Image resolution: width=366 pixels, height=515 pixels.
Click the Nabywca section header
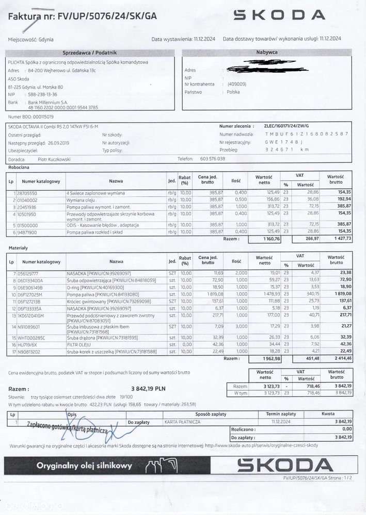point(265,53)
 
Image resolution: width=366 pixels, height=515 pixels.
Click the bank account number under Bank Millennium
point(62,108)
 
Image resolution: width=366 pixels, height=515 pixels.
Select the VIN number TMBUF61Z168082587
point(307,134)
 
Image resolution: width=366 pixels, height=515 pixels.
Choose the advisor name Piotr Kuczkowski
point(55,159)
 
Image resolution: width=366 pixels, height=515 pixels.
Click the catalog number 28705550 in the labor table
point(26,192)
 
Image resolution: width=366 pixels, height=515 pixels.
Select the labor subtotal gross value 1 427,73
point(336,239)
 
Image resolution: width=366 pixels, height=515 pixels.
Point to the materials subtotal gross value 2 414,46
point(336,358)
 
